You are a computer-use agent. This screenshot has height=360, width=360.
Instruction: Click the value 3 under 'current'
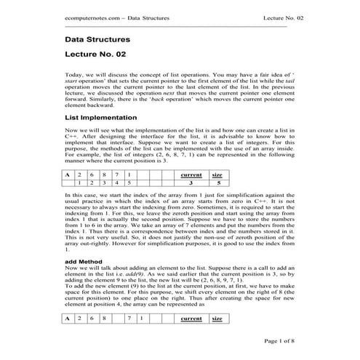(191, 184)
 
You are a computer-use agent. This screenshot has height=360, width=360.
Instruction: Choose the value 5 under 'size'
(217, 184)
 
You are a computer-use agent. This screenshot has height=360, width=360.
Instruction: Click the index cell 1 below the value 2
(79, 184)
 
